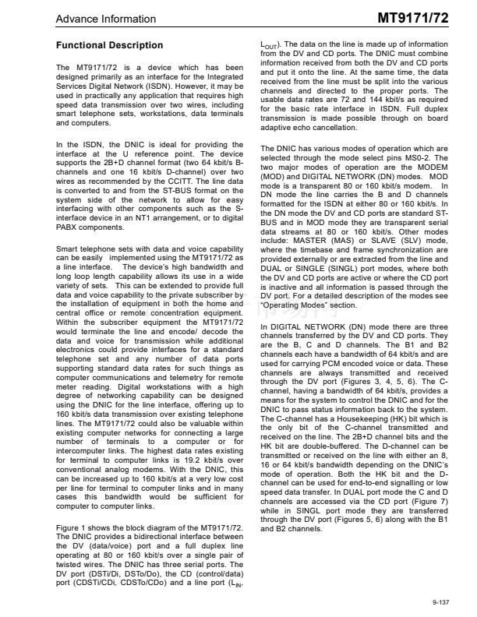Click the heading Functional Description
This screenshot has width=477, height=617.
pos(110,45)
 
